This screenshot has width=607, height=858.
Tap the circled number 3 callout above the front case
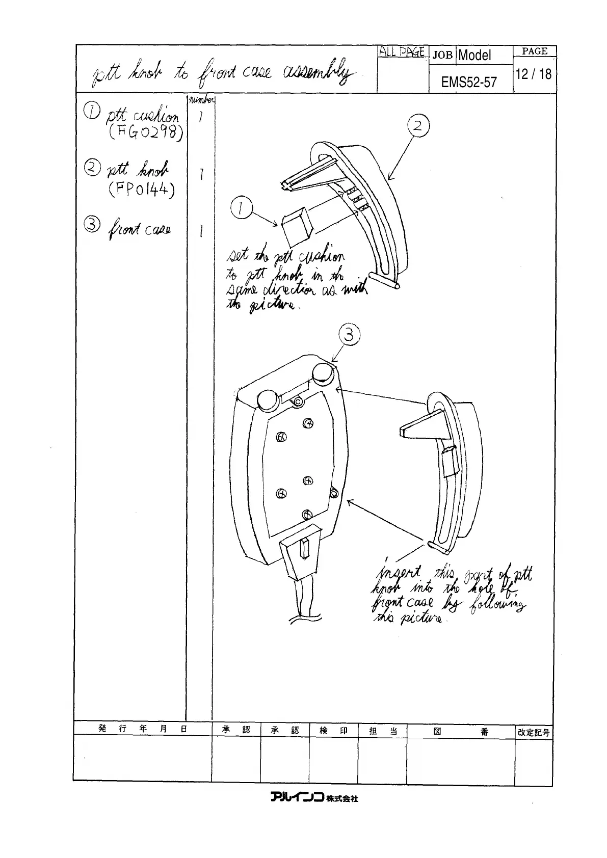[349, 335]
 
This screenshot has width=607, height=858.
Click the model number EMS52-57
[469, 82]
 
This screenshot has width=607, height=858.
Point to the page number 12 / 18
[533, 74]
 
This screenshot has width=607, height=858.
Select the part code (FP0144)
[141, 190]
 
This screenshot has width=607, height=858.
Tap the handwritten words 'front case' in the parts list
[139, 230]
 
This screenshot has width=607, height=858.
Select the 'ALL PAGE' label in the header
[402, 51]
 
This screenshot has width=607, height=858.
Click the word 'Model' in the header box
[474, 55]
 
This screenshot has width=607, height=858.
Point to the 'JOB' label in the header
[442, 55]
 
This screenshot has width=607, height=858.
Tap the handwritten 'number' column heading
[202, 100]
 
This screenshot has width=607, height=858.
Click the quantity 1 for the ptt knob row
[202, 175]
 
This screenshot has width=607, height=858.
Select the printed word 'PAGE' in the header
[535, 51]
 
